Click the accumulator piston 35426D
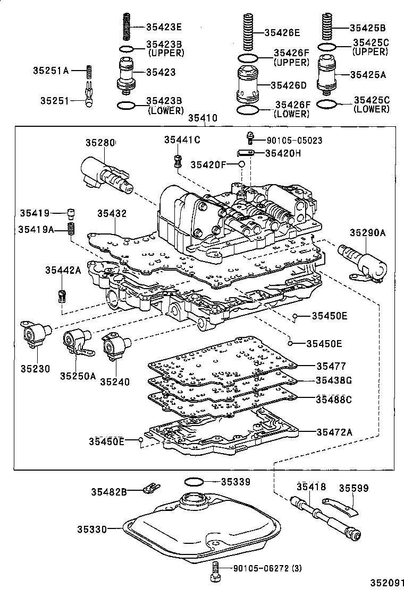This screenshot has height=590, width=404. tap(248, 85)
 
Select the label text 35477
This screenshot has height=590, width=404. tap(331, 366)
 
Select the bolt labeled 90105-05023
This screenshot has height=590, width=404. tap(248, 138)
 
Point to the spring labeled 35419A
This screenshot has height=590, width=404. tap(70, 230)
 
